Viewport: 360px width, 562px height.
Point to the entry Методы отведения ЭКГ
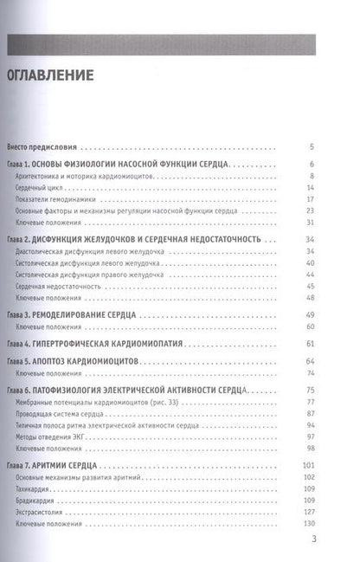pyautogui.click(x=55, y=440)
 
